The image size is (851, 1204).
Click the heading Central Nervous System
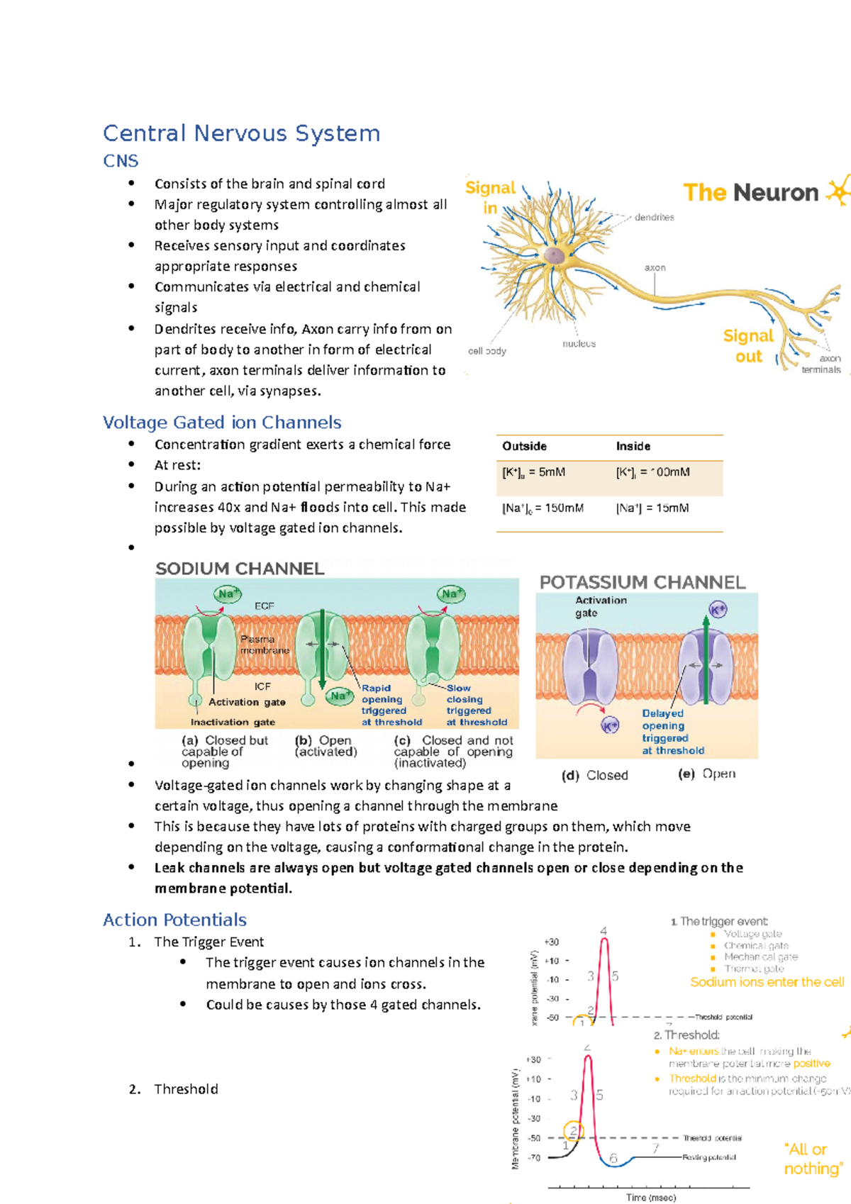pyautogui.click(x=241, y=133)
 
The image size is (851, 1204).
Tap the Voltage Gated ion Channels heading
pyautogui.click(x=222, y=423)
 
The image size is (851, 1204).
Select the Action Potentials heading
pyautogui.click(x=174, y=920)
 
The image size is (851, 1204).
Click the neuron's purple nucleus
pyautogui.click(x=555, y=255)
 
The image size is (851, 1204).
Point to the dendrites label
pyautogui.click(x=654, y=218)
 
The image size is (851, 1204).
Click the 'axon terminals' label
pyautogui.click(x=822, y=364)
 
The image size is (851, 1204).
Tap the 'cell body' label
pyautogui.click(x=487, y=351)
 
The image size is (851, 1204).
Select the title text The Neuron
pyautogui.click(x=750, y=192)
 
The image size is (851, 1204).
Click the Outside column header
pyautogui.click(x=524, y=446)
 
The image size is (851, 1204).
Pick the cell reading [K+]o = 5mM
pyautogui.click(x=533, y=472)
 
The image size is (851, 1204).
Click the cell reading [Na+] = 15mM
pyautogui.click(x=652, y=508)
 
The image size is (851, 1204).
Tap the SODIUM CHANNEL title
pyautogui.click(x=240, y=569)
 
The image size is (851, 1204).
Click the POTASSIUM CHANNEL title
pyautogui.click(x=643, y=582)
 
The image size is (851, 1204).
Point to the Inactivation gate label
pyautogui.click(x=233, y=722)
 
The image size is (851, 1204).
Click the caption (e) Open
pyautogui.click(x=707, y=774)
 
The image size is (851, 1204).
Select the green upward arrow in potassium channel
pyautogui.click(x=706, y=659)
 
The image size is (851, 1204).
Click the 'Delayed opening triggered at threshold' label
pyautogui.click(x=672, y=732)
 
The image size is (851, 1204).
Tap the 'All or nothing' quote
pyautogui.click(x=813, y=1159)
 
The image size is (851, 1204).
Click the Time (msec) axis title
pyautogui.click(x=651, y=1197)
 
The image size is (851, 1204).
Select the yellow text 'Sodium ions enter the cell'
pyautogui.click(x=767, y=982)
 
